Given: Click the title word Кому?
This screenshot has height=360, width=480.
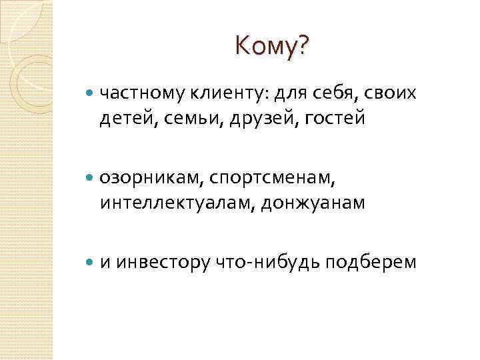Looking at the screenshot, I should click(272, 46).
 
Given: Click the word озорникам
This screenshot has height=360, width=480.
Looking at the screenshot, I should click(151, 177).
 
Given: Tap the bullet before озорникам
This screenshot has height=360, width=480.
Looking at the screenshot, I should click(91, 178).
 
